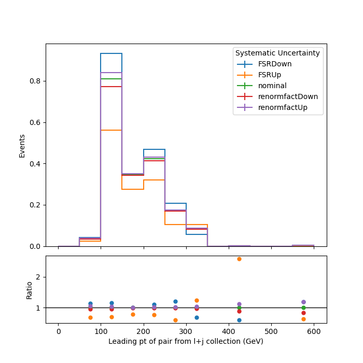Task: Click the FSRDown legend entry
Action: pyautogui.click(x=264, y=64)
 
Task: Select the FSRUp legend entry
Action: pyautogui.click(x=259, y=75)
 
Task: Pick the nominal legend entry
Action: pyautogui.click(x=262, y=86)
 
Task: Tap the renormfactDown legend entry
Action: pyautogui.click(x=277, y=96)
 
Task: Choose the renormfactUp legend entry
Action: pyautogui.click(x=272, y=107)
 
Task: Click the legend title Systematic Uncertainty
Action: pyautogui.click(x=277, y=53)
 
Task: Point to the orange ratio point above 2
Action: pyautogui.click(x=240, y=259)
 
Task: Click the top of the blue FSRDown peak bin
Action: pyautogui.click(x=111, y=53)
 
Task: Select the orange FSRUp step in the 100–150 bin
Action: pyautogui.click(x=111, y=130)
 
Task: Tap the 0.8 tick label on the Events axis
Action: pyautogui.click(x=35, y=81)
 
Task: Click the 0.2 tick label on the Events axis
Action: pyautogui.click(x=35, y=205)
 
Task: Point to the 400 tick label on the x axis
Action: pyautogui.click(x=229, y=331)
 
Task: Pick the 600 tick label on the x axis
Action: pyautogui.click(x=314, y=331)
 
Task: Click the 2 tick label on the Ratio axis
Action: pyautogui.click(x=38, y=277)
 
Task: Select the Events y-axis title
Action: pyautogui.click(x=22, y=146)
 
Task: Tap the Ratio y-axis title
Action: pyautogui.click(x=29, y=290)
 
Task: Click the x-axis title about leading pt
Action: pyautogui.click(x=186, y=341)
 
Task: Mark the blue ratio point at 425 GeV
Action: pyautogui.click(x=240, y=320)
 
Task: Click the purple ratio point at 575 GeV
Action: pyautogui.click(x=303, y=302)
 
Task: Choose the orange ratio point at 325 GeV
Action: pyautogui.click(x=197, y=300)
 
